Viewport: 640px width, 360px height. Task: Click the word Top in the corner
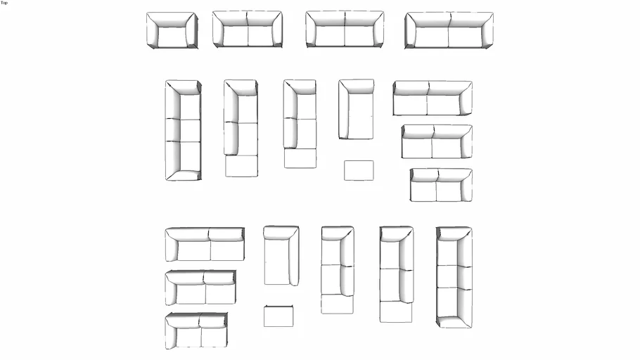point(4,3)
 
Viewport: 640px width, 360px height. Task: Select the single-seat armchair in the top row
point(172,30)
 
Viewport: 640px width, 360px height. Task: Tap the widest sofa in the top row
point(449,30)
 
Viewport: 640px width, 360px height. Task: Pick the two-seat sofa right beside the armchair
point(247,30)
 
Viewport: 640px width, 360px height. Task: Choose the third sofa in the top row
point(345,30)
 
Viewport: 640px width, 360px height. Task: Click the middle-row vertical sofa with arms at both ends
point(183,130)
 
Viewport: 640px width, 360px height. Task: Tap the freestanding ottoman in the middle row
point(359,170)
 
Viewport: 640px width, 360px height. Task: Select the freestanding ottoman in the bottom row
point(279,316)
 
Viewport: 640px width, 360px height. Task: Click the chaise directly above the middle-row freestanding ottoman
point(356,109)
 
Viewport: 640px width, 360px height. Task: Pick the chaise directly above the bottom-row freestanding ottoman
point(281,255)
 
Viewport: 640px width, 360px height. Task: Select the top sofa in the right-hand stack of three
point(432,98)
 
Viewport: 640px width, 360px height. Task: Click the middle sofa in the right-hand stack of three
point(437,141)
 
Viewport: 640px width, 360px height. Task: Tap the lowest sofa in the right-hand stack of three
point(441,185)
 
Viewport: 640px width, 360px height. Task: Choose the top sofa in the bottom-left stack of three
point(205,244)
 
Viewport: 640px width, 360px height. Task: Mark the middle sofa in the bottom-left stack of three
point(200,288)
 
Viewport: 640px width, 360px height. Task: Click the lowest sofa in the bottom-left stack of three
point(196,330)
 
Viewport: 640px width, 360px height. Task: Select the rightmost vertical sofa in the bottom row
point(454,277)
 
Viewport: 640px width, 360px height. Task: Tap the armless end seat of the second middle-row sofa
point(241,166)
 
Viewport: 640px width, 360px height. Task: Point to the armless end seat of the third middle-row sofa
point(300,158)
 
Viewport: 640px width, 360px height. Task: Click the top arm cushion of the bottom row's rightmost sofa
point(454,233)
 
